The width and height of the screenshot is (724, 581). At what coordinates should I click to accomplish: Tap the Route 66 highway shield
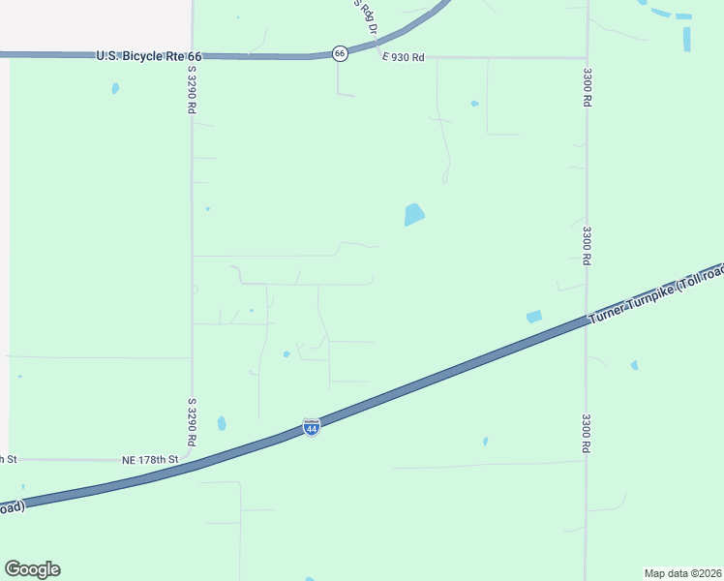click(340, 53)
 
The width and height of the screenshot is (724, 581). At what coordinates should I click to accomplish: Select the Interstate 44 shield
click(311, 427)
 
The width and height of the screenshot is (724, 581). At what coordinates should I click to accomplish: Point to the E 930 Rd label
click(403, 58)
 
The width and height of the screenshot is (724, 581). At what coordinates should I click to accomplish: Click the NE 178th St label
click(150, 459)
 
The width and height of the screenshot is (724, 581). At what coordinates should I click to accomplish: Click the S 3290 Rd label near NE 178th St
click(193, 421)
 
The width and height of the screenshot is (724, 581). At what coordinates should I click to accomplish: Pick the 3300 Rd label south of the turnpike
click(587, 433)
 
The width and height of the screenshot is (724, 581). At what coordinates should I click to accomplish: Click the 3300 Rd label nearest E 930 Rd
click(587, 86)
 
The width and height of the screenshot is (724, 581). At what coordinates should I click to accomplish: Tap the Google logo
click(32, 569)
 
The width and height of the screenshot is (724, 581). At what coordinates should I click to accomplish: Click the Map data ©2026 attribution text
click(682, 572)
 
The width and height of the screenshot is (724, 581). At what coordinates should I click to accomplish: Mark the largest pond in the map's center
click(414, 214)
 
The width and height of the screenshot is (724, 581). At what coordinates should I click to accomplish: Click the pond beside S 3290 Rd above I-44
click(222, 423)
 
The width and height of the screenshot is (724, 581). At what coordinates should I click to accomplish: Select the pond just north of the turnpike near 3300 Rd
click(533, 317)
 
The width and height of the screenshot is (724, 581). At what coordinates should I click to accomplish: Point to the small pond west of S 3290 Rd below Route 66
click(115, 88)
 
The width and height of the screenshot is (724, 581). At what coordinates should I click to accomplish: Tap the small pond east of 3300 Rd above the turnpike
click(634, 365)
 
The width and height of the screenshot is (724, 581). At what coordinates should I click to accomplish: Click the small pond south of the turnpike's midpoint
click(485, 442)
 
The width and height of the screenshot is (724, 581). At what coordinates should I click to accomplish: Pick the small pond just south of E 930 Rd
click(474, 104)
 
